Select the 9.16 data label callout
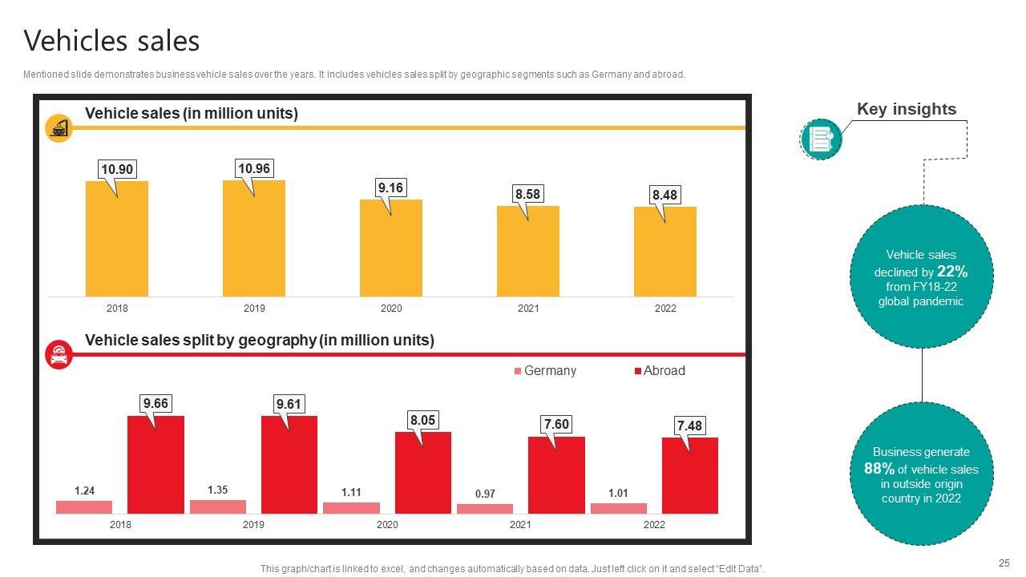tap(390, 188)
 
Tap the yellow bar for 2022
tap(664, 252)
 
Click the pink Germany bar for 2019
tap(217, 506)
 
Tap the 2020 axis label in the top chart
tap(391, 309)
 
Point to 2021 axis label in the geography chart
tap(520, 525)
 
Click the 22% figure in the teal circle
tap(952, 272)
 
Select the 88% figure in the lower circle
tap(879, 469)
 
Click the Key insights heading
tap(906, 110)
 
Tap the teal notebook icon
tap(821, 139)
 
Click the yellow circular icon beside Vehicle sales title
tap(59, 127)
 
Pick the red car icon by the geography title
tap(59, 355)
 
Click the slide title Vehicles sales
tap(111, 41)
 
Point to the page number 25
tap(1004, 563)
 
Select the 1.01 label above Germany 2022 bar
tap(618, 494)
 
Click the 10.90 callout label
tap(117, 169)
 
